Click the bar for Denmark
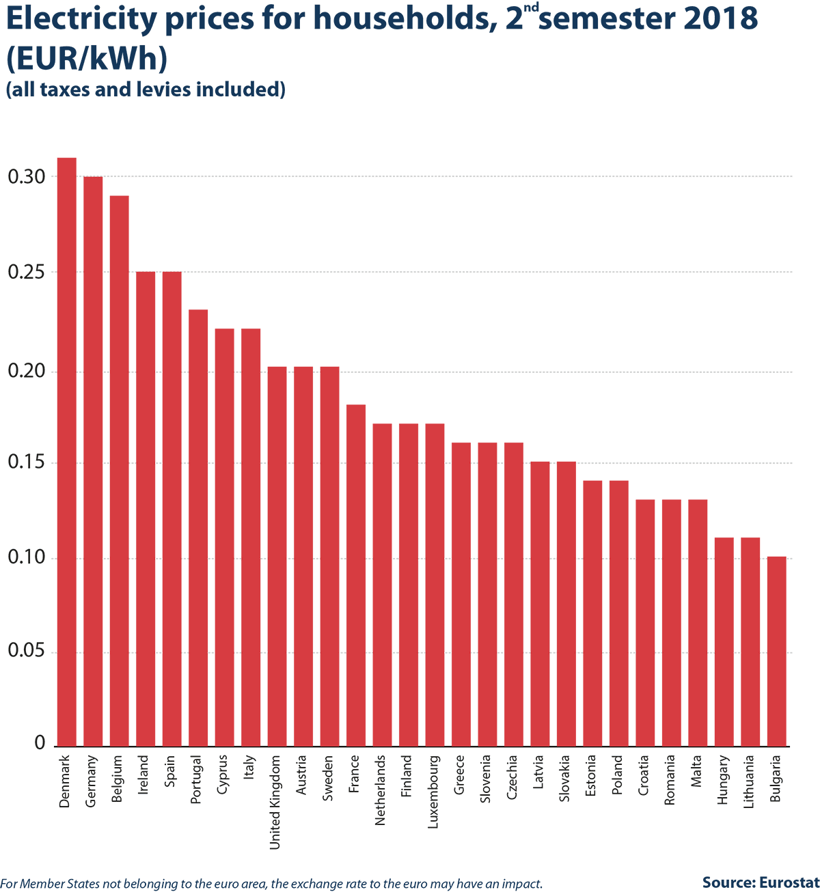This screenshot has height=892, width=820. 67,452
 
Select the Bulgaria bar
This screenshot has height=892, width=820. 777,652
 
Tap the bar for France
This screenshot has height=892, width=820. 356,575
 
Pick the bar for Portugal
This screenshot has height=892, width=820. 198,528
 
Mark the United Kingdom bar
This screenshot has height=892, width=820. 277,557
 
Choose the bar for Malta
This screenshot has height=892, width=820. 698,623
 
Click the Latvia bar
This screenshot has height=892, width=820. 540,604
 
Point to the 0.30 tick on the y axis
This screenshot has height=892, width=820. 27,176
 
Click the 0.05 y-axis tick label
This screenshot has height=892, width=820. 27,650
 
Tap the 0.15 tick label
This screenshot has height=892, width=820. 27,462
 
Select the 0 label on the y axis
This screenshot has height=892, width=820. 40,742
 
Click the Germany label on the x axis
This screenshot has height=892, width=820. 91,781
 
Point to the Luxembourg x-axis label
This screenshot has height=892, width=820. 433,792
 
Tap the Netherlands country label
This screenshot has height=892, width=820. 380,790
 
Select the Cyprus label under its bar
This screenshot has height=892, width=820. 223,775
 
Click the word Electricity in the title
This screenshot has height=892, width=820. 81,18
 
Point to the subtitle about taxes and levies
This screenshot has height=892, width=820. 146,89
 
